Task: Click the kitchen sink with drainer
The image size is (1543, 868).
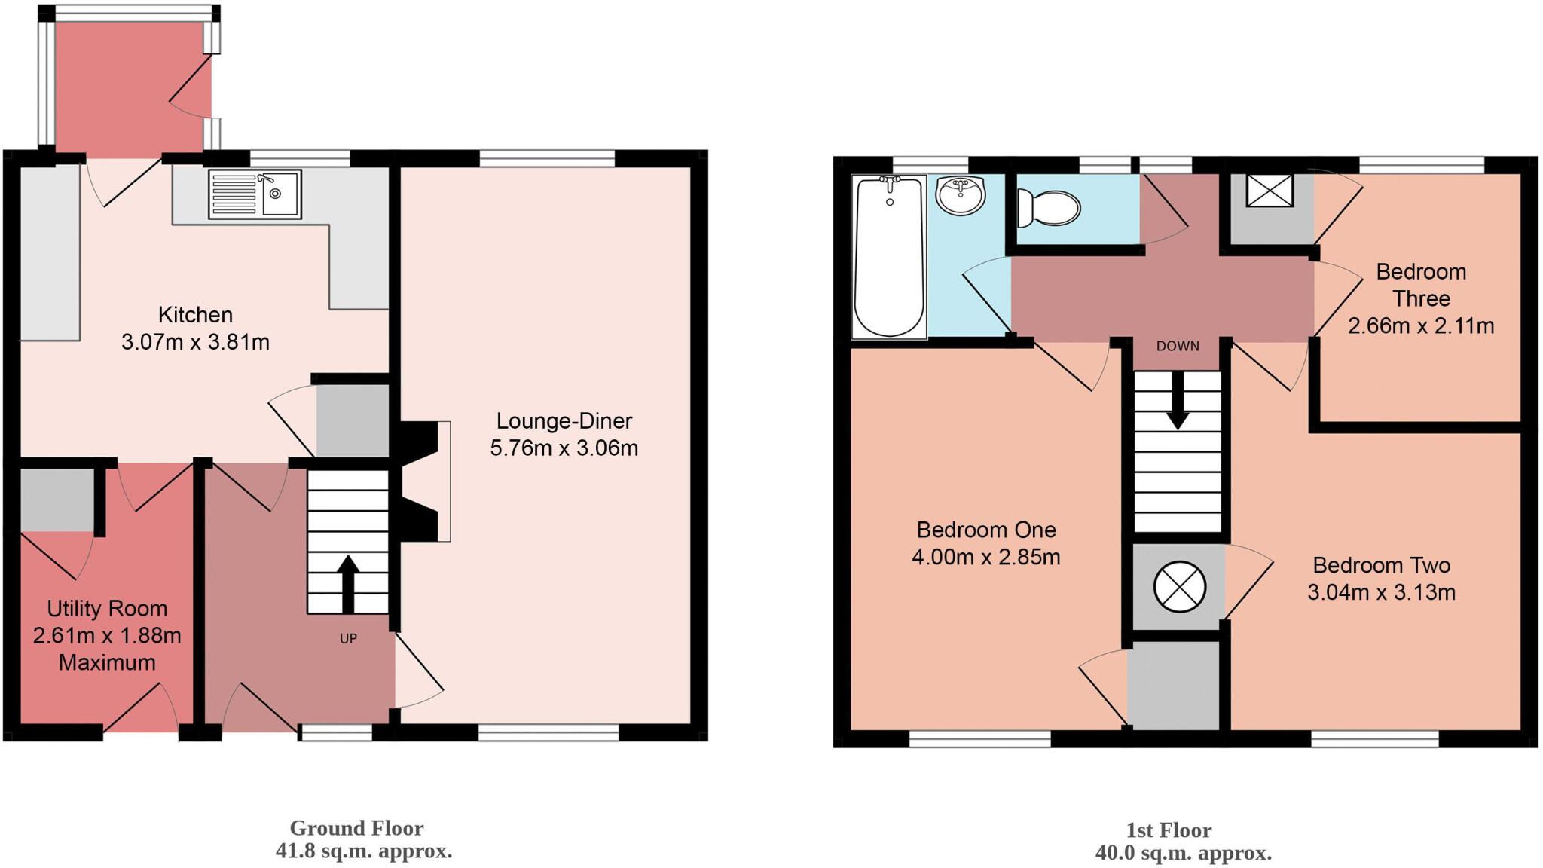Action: [x=255, y=194]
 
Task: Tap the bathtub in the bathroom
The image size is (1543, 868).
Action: [x=889, y=256]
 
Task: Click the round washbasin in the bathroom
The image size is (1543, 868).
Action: [x=961, y=196]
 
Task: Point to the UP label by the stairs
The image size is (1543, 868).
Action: [x=348, y=638]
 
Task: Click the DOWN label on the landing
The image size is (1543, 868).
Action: [x=1178, y=346]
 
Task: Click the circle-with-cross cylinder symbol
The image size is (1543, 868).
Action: [x=1180, y=586]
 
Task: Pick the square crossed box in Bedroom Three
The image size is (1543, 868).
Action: [x=1270, y=190]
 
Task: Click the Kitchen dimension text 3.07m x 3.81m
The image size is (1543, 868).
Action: [x=195, y=342]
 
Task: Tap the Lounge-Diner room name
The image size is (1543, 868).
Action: [x=564, y=420]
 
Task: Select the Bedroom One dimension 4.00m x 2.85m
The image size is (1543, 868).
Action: [x=985, y=557]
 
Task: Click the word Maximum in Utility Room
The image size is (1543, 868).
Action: [x=107, y=662]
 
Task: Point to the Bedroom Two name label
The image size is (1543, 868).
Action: [x=1381, y=565]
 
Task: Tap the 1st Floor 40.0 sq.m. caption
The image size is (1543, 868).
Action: [x=1183, y=853]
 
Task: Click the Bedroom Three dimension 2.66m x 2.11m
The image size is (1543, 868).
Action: [x=1420, y=325]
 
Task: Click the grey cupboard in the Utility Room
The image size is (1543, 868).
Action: [x=57, y=500]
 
